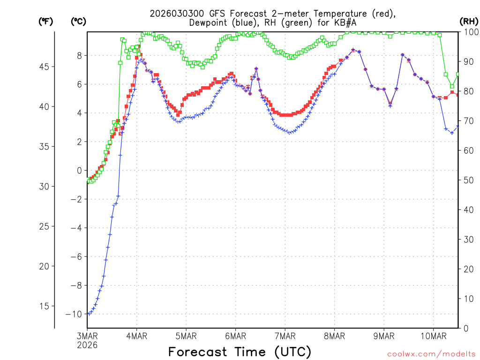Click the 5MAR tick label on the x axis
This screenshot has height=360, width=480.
186,336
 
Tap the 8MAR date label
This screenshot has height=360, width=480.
334,336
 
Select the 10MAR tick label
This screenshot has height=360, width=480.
433,336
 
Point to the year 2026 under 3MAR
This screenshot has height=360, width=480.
88,345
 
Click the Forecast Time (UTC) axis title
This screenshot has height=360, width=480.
240,352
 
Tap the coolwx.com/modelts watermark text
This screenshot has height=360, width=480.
431,354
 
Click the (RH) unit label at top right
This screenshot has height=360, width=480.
469,21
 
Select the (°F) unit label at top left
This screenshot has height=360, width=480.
46,21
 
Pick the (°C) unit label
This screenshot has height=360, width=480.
79,21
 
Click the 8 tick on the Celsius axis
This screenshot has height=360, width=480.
79,55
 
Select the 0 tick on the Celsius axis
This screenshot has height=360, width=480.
79,171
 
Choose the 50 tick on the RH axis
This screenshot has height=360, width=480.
468,180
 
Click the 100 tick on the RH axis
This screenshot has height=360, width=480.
470,32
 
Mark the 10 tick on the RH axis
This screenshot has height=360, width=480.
468,299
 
